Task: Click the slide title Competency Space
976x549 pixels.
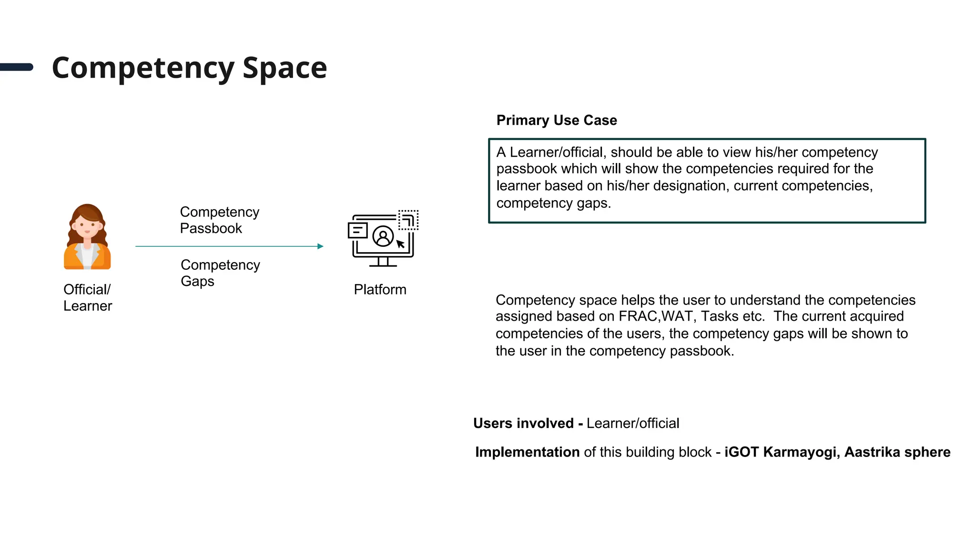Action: click(x=189, y=68)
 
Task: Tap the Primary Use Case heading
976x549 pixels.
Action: click(x=556, y=120)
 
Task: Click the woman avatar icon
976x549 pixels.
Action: click(x=87, y=236)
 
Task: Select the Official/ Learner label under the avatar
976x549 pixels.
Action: click(x=87, y=297)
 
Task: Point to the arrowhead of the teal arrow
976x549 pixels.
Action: click(x=321, y=246)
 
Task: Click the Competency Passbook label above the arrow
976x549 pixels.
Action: click(x=219, y=220)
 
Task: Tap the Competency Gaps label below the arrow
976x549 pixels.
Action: click(x=220, y=273)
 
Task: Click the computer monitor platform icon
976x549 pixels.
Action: click(x=383, y=238)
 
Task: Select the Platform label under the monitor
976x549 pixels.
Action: click(x=380, y=289)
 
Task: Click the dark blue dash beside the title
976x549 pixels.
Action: click(x=17, y=67)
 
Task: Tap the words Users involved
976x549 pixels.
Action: click(x=523, y=423)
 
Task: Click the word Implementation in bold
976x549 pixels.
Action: click(x=527, y=452)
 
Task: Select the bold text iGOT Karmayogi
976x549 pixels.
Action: click(x=780, y=452)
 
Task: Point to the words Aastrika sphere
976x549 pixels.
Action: click(x=897, y=452)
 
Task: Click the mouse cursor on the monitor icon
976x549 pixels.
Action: click(x=400, y=244)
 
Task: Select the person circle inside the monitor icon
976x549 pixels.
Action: click(x=383, y=236)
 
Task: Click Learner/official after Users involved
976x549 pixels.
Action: click(x=633, y=423)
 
